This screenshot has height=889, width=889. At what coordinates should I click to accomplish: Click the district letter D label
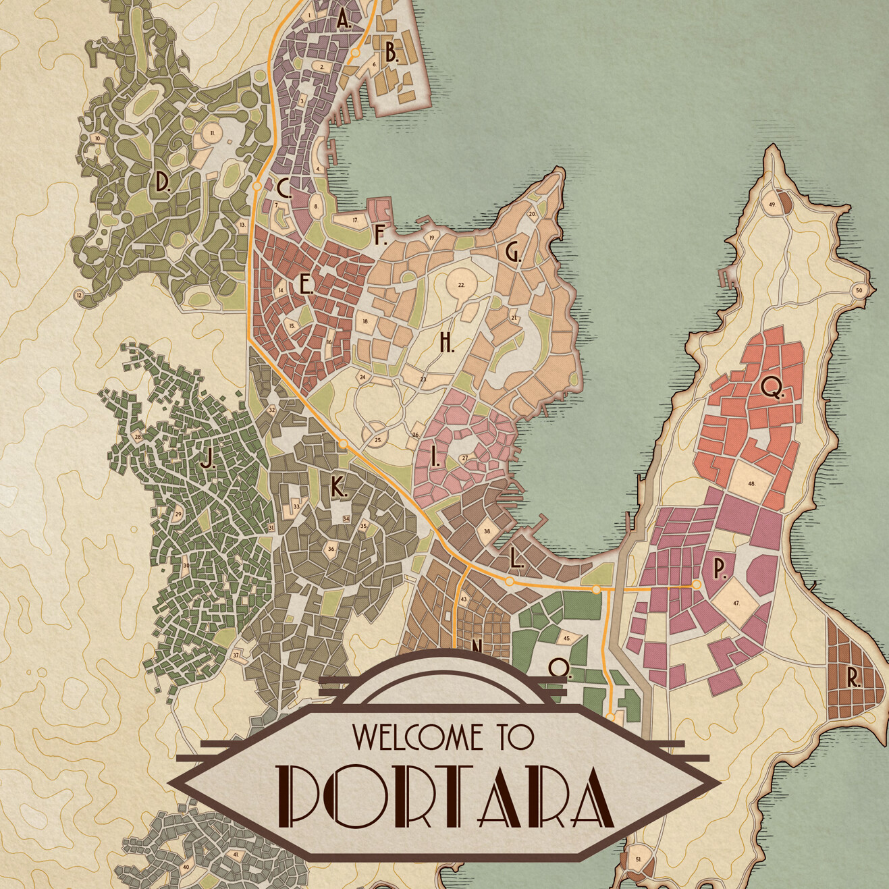point(162,182)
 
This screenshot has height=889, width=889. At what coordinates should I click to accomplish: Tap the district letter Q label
point(771,387)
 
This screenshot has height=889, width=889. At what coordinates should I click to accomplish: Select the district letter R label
point(853,680)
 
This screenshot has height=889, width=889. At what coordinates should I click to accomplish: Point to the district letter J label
point(208,460)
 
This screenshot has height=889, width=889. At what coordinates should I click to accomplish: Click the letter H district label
point(446,343)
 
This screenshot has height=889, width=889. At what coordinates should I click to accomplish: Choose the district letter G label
point(512,252)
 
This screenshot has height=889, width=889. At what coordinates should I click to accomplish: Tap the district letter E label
point(306,285)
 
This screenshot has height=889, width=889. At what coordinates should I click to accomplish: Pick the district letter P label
point(720,569)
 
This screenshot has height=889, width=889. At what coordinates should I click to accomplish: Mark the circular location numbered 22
point(462,285)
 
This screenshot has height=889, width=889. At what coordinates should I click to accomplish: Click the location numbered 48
point(751,483)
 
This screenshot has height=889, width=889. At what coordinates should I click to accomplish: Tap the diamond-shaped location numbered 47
point(736,603)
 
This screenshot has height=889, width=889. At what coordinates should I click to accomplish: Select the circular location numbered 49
point(771,204)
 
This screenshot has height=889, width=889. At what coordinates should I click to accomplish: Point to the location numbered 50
point(859,290)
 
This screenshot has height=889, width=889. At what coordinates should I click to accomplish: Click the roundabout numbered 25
point(377,440)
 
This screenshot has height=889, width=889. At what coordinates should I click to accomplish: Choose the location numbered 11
point(213,134)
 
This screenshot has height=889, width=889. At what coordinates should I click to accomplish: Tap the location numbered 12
point(79,295)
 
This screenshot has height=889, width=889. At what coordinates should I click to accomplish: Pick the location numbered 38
point(487,531)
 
